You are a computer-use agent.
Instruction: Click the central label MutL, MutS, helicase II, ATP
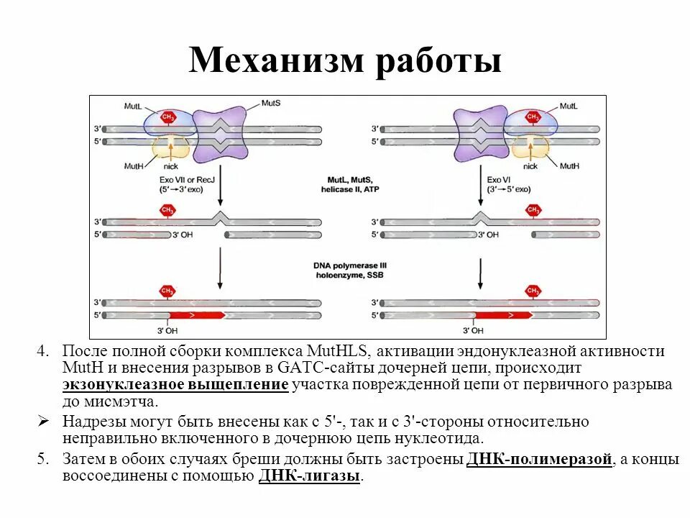coord(349,183)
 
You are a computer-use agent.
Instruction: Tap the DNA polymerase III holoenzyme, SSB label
coord(349,271)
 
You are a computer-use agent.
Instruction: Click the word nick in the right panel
coord(530,166)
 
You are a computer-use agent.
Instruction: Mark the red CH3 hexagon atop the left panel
coord(168,116)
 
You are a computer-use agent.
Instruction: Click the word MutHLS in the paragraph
coord(337,352)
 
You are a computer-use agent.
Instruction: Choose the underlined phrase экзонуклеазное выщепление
coord(175,385)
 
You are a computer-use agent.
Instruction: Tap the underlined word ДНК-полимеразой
coord(539,459)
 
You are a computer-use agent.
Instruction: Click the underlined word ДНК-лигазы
coord(308,476)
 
